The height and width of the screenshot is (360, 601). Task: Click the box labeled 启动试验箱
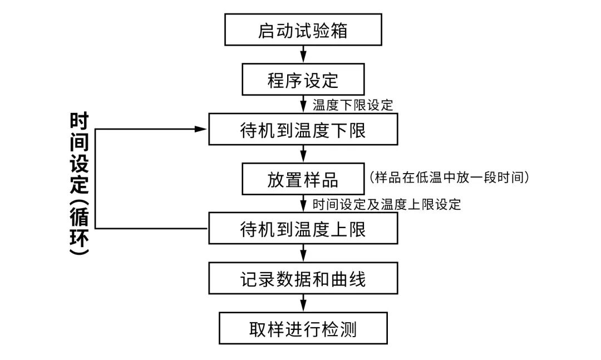pyautogui.click(x=303, y=31)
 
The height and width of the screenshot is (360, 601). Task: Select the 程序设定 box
pyautogui.click(x=303, y=80)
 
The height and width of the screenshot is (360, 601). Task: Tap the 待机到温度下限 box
pyautogui.click(x=303, y=130)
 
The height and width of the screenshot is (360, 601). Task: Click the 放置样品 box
pyautogui.click(x=303, y=179)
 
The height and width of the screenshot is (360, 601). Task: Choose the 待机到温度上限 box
pyautogui.click(x=303, y=229)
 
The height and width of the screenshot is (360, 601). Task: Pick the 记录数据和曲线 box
pyautogui.click(x=303, y=278)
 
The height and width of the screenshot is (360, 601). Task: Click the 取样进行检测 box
pyautogui.click(x=303, y=328)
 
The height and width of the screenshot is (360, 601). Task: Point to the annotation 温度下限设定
pyautogui.click(x=353, y=105)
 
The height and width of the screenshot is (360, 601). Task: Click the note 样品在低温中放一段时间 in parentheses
pyautogui.click(x=449, y=177)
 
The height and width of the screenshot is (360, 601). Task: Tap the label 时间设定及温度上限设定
pyautogui.click(x=387, y=204)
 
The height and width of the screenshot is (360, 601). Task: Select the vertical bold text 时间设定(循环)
pyautogui.click(x=80, y=184)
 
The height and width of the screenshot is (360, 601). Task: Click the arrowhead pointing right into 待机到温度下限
pyautogui.click(x=202, y=129)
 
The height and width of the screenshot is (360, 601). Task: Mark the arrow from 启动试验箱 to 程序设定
pyautogui.click(x=303, y=54)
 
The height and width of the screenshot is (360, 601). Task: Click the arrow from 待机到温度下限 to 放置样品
pyautogui.click(x=303, y=154)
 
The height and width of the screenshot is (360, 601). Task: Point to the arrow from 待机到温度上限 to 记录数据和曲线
pyautogui.click(x=303, y=253)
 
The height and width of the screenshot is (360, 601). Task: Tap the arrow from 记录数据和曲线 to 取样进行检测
pyautogui.click(x=303, y=303)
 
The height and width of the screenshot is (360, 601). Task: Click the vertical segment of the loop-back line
pyautogui.click(x=96, y=178)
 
